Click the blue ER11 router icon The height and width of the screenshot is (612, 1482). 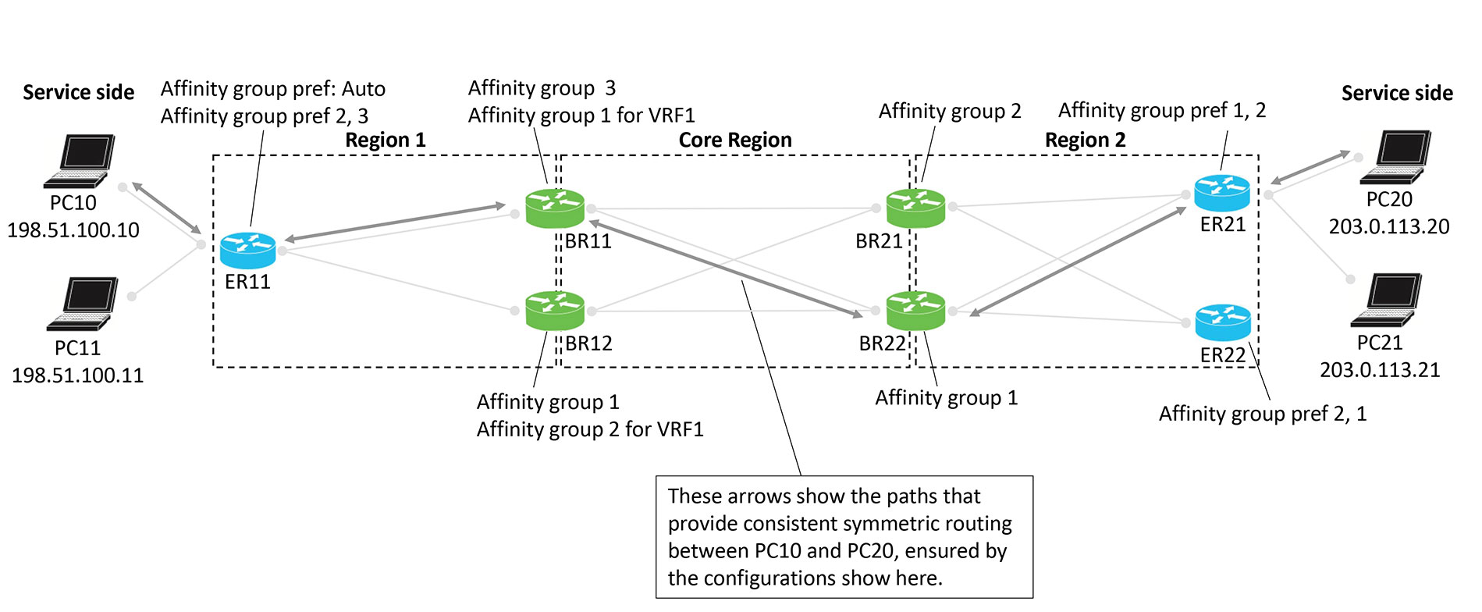pyautogui.click(x=247, y=250)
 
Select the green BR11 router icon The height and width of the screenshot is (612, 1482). pyautogui.click(x=555, y=208)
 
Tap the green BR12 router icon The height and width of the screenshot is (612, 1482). pyautogui.click(x=555, y=310)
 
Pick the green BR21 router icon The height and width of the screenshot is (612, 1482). pyautogui.click(x=915, y=208)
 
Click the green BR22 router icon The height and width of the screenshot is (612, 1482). pyautogui.click(x=915, y=310)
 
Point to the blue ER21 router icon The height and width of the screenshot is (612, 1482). pyautogui.click(x=1221, y=192)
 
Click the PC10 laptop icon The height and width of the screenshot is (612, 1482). pyautogui.click(x=80, y=161)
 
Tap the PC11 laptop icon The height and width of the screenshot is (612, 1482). pyautogui.click(x=83, y=304)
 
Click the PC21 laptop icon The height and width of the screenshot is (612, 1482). pyautogui.click(x=1388, y=300)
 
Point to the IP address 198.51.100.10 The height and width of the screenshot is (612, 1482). pyautogui.click(x=73, y=230)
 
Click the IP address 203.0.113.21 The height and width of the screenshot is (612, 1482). pyautogui.click(x=1380, y=370)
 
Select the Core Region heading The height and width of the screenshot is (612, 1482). pyautogui.click(x=734, y=141)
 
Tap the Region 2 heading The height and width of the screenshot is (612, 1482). pyautogui.click(x=1085, y=141)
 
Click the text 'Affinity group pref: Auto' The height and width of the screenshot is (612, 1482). pyautogui.click(x=272, y=89)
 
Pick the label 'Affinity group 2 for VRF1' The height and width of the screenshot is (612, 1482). pyautogui.click(x=590, y=429)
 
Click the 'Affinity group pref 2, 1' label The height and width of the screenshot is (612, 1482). pyautogui.click(x=1262, y=414)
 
